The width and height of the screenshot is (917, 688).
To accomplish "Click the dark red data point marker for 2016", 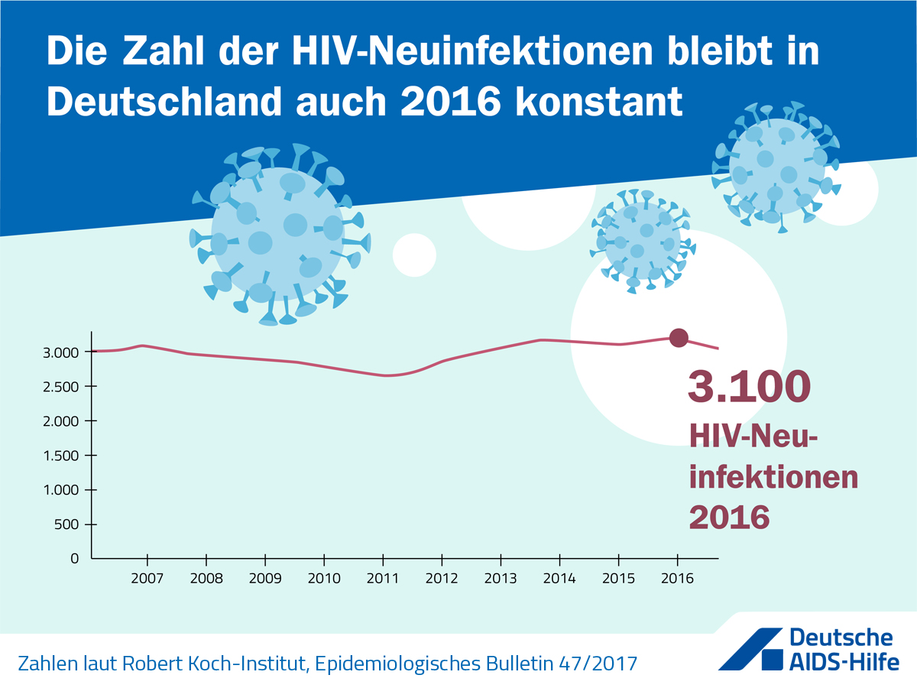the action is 679,338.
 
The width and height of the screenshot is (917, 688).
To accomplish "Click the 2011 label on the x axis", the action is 383,578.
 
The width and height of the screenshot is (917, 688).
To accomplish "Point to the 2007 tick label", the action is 147,578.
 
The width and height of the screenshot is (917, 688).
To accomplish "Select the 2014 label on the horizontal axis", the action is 559,578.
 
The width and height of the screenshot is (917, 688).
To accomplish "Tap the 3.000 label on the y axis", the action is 60,352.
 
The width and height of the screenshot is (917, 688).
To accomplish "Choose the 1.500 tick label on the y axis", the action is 60,456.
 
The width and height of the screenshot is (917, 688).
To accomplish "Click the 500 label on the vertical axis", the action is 66,524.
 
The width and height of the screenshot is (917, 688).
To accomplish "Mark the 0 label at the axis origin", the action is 74,559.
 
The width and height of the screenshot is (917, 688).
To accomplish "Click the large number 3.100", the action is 749,386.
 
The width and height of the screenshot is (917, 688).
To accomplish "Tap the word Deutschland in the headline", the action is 164,102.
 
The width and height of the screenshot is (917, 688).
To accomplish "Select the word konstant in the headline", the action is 598,102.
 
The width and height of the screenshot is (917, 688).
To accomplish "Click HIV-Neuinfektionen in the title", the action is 472,51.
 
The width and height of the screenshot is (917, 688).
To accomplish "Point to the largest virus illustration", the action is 279,234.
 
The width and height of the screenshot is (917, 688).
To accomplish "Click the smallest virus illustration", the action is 643,241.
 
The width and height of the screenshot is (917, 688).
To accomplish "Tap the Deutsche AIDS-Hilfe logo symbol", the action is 750,649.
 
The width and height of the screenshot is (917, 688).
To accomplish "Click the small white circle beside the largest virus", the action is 414,255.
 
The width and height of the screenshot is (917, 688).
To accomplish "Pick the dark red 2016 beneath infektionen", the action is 729,518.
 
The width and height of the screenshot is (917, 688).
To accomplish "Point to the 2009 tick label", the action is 265,578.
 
